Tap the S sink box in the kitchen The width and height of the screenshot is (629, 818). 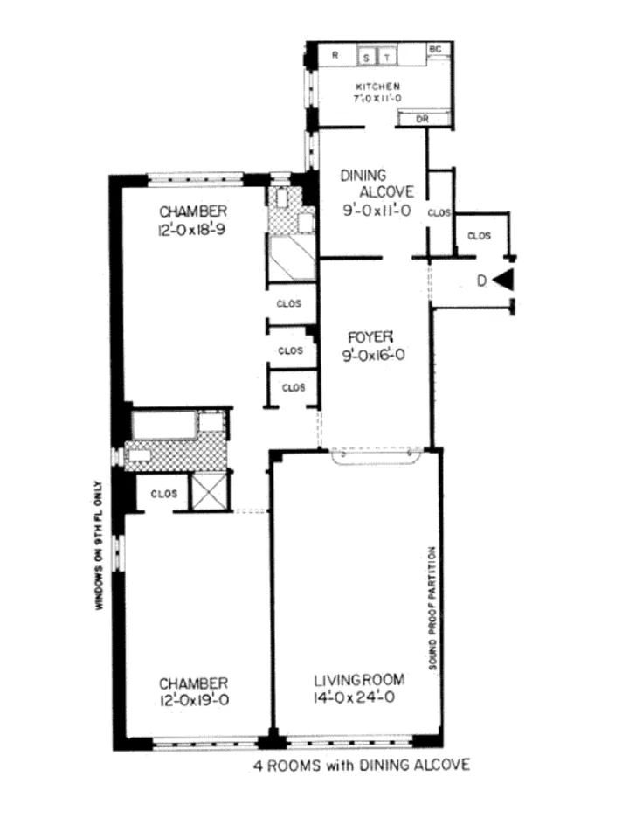(x=368, y=58)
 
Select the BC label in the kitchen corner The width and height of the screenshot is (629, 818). (x=434, y=49)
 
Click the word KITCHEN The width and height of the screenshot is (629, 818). (x=377, y=87)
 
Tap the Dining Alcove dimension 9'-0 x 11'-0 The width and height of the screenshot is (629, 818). (x=377, y=210)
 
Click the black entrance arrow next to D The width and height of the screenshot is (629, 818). (x=504, y=281)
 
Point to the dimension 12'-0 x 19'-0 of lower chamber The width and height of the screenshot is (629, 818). (x=194, y=700)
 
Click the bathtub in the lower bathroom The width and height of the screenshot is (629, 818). (x=163, y=426)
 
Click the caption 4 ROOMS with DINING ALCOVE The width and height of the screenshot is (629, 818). (x=361, y=765)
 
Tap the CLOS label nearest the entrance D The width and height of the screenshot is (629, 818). (x=480, y=235)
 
